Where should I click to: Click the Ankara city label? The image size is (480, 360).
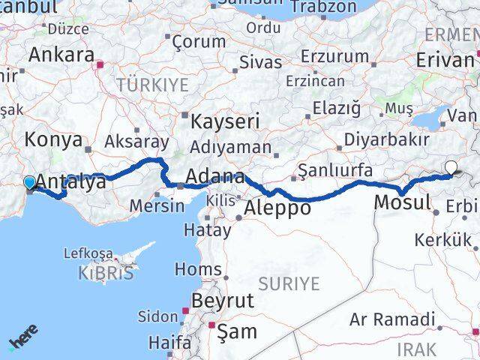point(61,55)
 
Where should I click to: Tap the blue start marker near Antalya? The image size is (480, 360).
point(29,182)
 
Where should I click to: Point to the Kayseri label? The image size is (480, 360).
point(225,121)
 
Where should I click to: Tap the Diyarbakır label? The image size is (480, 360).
point(386,140)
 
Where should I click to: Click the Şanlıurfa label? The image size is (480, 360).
point(334,170)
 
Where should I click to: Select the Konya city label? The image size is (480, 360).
point(53,139)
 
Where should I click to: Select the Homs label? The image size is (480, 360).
point(198,268)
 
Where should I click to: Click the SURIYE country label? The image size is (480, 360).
point(289,283)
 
